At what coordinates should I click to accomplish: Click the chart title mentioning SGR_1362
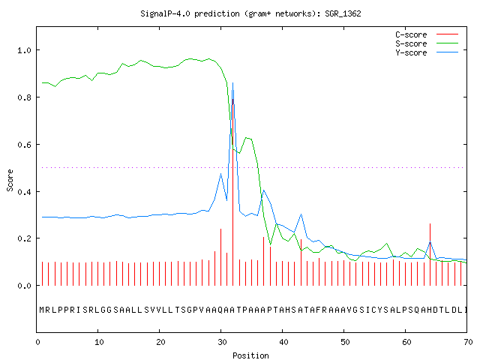(250, 13)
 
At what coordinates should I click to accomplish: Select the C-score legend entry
(427, 34)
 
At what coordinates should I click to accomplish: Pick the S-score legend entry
(427, 43)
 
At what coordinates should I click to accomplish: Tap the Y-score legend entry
(427, 52)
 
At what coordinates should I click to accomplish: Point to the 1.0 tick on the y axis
(24, 50)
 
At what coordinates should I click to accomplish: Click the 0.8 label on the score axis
(24, 97)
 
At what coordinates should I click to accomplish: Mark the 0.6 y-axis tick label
(24, 145)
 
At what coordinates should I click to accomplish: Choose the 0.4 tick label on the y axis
(24, 192)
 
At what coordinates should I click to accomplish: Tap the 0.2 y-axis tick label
(24, 238)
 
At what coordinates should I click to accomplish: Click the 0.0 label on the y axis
(24, 286)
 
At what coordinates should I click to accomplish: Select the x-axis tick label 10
(99, 342)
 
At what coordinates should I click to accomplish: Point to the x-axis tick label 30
(222, 342)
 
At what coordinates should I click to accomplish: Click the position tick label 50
(345, 342)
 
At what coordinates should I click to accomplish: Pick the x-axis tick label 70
(468, 342)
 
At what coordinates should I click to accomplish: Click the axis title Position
(250, 355)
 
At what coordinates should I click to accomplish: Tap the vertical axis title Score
(10, 180)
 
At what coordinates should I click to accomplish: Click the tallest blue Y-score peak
(233, 83)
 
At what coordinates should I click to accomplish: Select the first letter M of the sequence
(42, 310)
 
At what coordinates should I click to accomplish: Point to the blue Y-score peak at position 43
(301, 214)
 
